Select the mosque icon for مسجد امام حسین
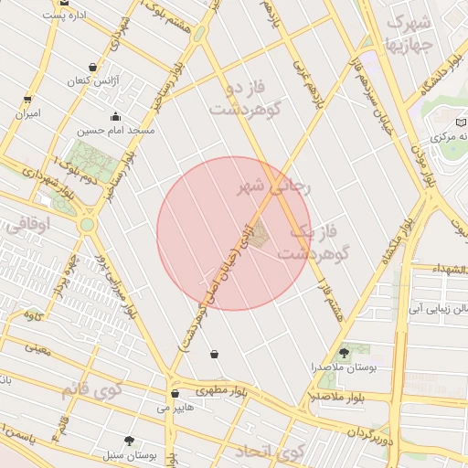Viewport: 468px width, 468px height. pyautogui.click(x=115, y=117)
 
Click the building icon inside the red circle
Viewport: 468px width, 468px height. pyautogui.click(x=258, y=235)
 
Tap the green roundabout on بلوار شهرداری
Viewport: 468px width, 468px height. pyautogui.click(x=87, y=224)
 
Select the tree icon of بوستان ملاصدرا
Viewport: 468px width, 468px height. pyautogui.click(x=344, y=351)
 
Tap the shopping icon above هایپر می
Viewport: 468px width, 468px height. pyautogui.click(x=174, y=394)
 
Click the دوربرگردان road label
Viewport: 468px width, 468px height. pyautogui.click(x=376, y=437)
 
